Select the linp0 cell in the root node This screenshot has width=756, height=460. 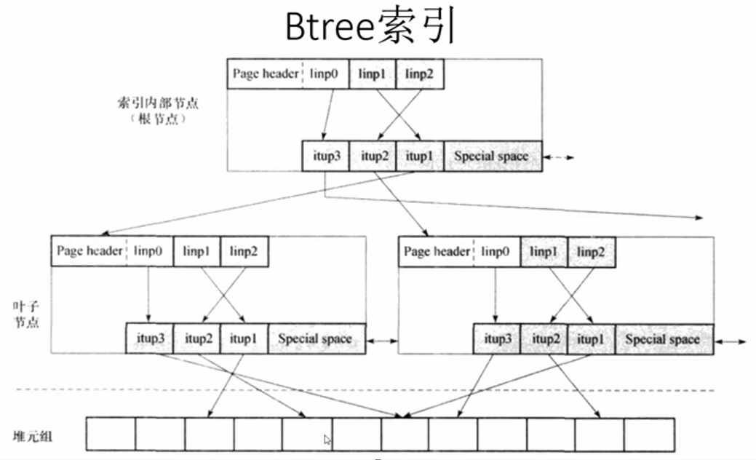[x=324, y=74]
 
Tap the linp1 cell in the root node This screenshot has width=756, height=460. [x=372, y=74]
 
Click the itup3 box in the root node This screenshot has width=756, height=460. [x=325, y=156]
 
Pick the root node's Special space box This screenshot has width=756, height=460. [x=492, y=156]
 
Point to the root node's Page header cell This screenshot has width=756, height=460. [x=265, y=74]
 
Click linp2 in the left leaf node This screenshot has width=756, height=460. [x=244, y=251]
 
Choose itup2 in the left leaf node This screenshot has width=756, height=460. [x=197, y=338]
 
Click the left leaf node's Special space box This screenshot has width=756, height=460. [x=315, y=338]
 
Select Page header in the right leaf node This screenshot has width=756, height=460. [x=437, y=252]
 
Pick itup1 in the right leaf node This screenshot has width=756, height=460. [x=592, y=338]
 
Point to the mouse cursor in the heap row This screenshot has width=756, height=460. [x=327, y=440]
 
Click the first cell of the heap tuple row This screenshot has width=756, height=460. [x=111, y=434]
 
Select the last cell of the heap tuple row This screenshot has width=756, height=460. [x=649, y=434]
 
